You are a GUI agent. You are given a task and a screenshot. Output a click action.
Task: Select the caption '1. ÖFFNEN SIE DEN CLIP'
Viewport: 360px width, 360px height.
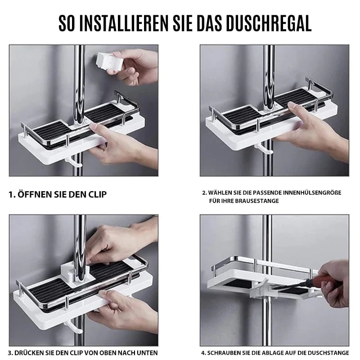point(58,195)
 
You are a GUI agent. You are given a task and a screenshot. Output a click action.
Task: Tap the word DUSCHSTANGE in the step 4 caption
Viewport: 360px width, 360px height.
point(331,353)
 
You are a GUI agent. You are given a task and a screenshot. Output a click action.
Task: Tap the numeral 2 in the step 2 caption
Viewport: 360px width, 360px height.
point(204,193)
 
